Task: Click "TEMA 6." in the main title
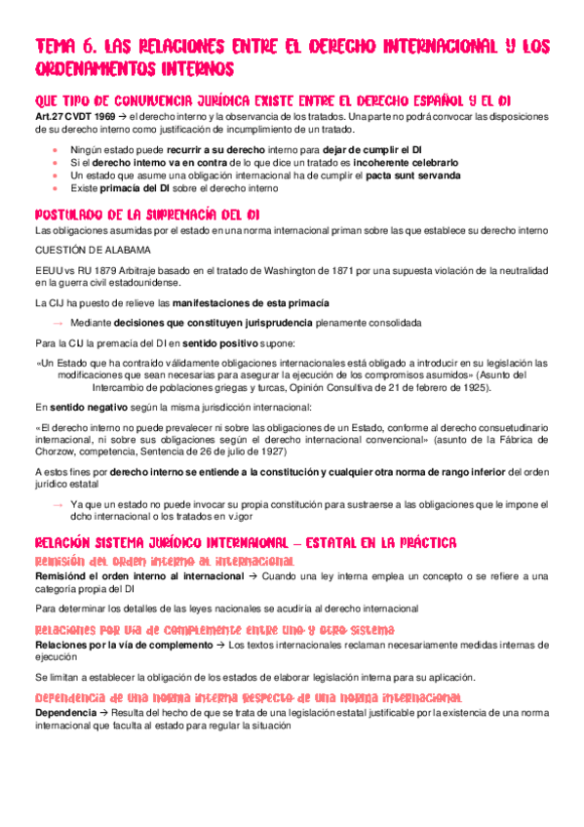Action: [x=61, y=46]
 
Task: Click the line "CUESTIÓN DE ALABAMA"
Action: [x=88, y=250]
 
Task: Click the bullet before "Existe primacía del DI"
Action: [x=55, y=189]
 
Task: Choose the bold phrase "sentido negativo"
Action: [x=81, y=407]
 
